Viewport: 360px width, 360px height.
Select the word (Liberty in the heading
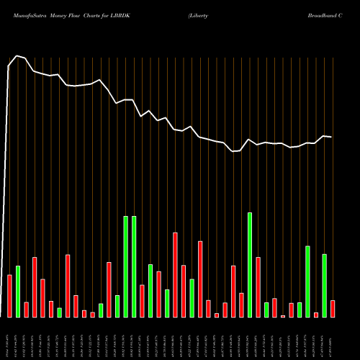pyautogui.click(x=199, y=15)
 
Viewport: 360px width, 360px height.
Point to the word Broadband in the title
pyautogui.click(x=330, y=15)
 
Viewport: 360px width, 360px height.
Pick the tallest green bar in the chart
pyautogui.click(x=250, y=264)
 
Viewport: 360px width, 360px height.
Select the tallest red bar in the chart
pyautogui.click(x=175, y=274)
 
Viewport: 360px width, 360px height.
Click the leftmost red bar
pyautogui.click(x=9, y=296)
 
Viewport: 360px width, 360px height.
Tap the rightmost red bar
pyautogui.click(x=333, y=308)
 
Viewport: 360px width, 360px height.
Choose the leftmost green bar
pyautogui.click(x=18, y=291)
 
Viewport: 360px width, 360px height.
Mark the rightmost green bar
pyautogui.click(x=324, y=285)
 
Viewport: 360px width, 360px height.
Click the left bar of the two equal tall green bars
pyautogui.click(x=125, y=266)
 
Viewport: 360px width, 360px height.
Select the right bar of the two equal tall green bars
pyautogui.click(x=134, y=266)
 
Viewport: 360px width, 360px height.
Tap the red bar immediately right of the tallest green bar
pyautogui.click(x=258, y=287)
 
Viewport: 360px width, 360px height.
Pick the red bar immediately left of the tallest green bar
pyautogui.click(x=241, y=305)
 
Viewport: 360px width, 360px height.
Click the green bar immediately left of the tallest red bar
pyautogui.click(x=167, y=303)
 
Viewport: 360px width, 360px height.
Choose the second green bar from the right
pyautogui.click(x=307, y=281)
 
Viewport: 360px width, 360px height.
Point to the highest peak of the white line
pyautogui.click(x=17, y=55)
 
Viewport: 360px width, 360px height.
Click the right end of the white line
pyautogui.click(x=331, y=136)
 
